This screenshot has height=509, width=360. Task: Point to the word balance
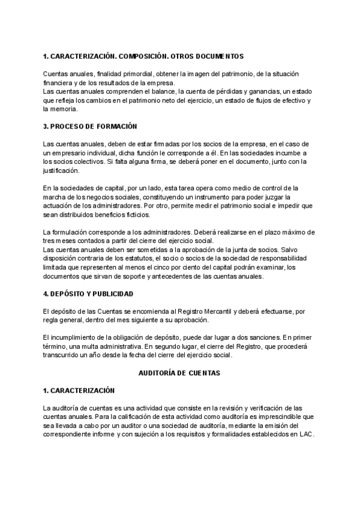[166, 91]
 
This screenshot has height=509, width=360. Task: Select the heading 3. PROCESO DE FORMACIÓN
[91, 127]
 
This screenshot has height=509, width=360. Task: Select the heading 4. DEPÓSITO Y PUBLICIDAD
[88, 294]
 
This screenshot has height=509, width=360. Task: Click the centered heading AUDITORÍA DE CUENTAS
[179, 373]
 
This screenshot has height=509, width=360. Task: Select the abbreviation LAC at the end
[306, 435]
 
